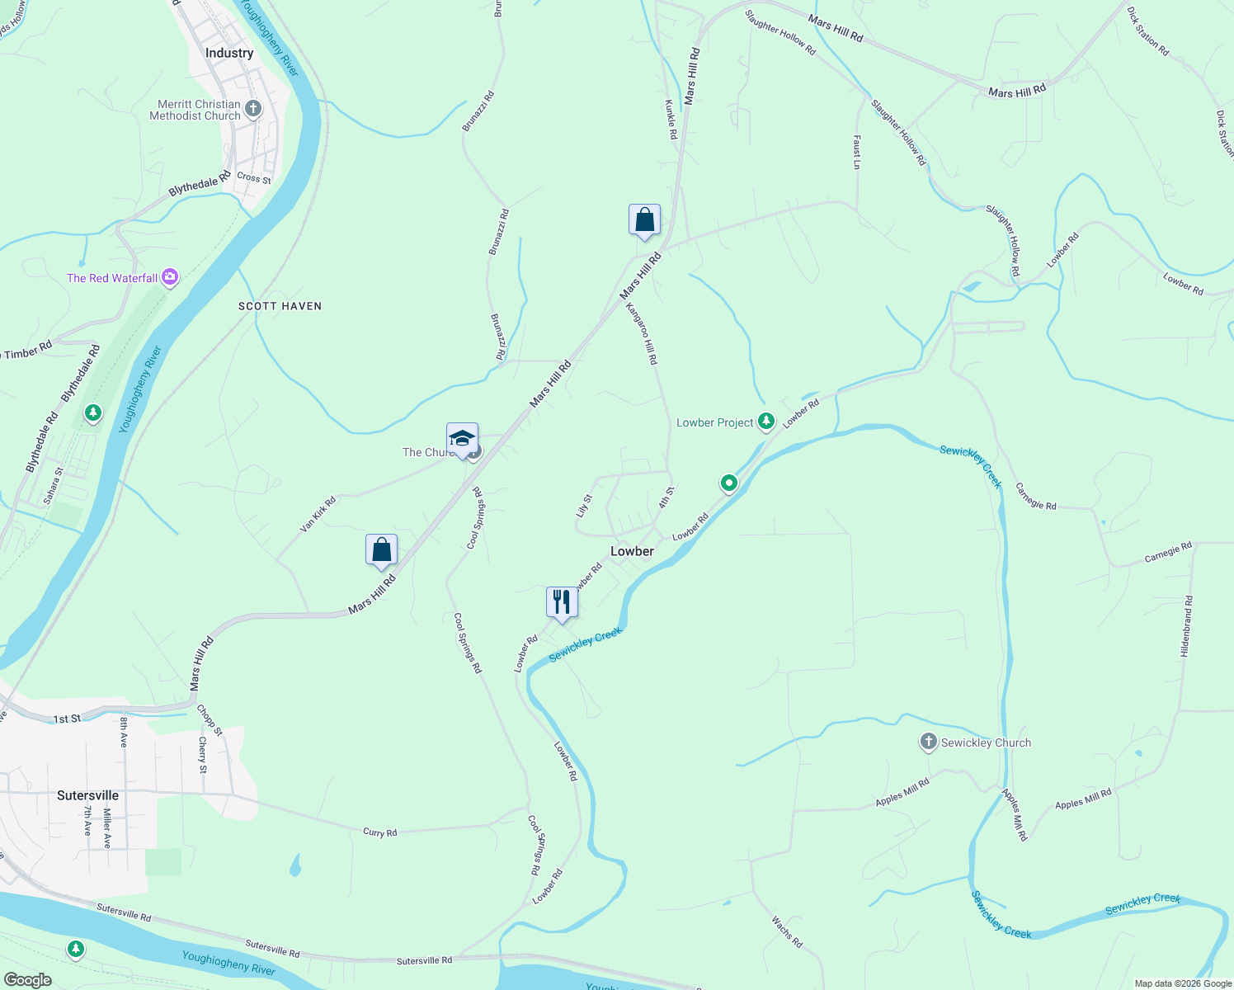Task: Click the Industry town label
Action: pyautogui.click(x=229, y=53)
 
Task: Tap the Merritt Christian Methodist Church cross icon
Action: pyautogui.click(x=253, y=109)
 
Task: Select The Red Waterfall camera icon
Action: pyautogui.click(x=170, y=278)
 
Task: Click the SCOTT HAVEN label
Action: pyautogui.click(x=280, y=306)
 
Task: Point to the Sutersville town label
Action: pyautogui.click(x=87, y=795)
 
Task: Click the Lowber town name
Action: pyautogui.click(x=632, y=551)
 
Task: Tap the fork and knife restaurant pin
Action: pyautogui.click(x=562, y=603)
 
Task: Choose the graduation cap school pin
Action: pyautogui.click(x=462, y=439)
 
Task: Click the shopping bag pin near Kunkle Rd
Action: pyautogui.click(x=644, y=221)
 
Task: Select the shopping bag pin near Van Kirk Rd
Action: pyautogui.click(x=381, y=550)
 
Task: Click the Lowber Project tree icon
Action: pyautogui.click(x=766, y=422)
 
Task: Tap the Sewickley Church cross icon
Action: pyautogui.click(x=929, y=742)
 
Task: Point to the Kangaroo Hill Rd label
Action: pyautogui.click(x=642, y=333)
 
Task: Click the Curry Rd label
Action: pyautogui.click(x=380, y=832)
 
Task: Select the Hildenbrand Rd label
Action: pyautogui.click(x=1185, y=626)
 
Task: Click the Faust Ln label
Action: pyautogui.click(x=857, y=153)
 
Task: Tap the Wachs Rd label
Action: pyautogui.click(x=787, y=931)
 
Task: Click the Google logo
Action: pyautogui.click(x=28, y=979)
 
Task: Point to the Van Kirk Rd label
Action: pyautogui.click(x=318, y=514)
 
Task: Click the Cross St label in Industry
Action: pyautogui.click(x=254, y=177)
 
